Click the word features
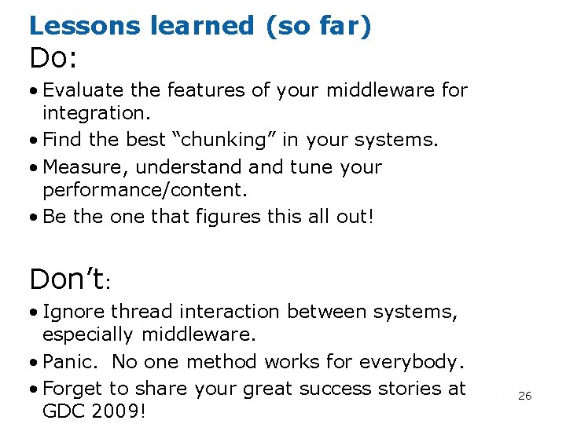tap(209, 90)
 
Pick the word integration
tap(89, 113)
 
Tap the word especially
tap(88, 334)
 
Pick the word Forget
tap(73, 389)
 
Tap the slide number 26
tap(524, 396)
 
